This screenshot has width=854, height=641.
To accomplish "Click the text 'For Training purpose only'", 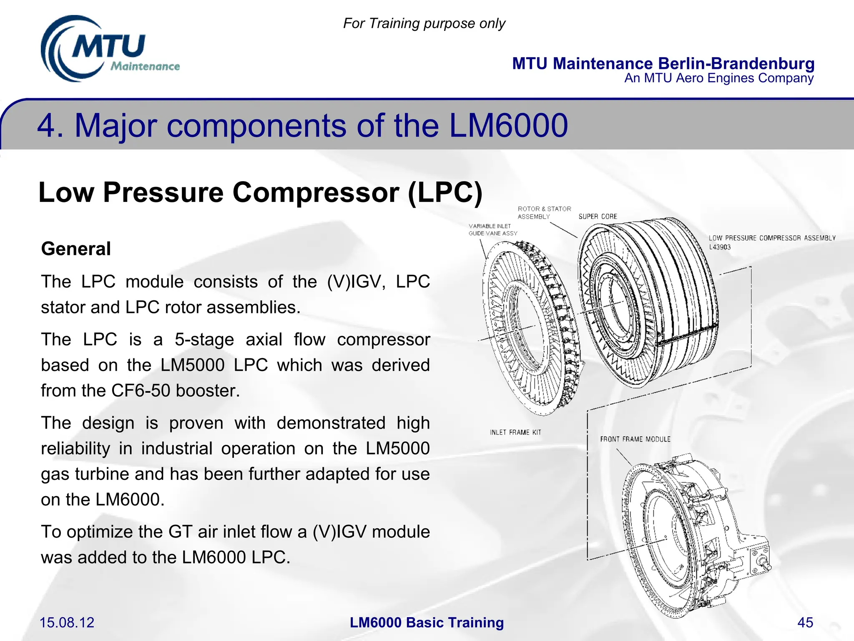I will click(x=424, y=23).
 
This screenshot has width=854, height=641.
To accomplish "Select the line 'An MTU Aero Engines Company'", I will click(x=718, y=78).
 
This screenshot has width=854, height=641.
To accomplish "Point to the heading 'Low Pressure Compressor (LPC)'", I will click(x=260, y=192).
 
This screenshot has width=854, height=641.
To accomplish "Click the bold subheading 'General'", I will click(x=76, y=249).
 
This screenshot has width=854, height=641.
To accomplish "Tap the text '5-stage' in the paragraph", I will click(x=204, y=339).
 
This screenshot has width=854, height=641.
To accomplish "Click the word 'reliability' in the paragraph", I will click(x=75, y=448).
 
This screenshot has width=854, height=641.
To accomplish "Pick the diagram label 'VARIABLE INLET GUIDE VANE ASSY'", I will click(x=492, y=230).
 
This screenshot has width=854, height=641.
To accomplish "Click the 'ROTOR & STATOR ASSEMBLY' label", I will click(x=544, y=212).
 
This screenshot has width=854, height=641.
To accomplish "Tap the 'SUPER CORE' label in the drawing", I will click(x=598, y=217).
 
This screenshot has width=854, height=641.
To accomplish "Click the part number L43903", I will click(x=720, y=247).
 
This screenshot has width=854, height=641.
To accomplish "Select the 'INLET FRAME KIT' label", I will click(x=515, y=432).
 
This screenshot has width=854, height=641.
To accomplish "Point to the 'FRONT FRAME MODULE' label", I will click(x=635, y=439).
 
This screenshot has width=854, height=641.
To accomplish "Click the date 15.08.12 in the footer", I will click(x=67, y=622).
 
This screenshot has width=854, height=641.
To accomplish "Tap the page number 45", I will click(x=805, y=622).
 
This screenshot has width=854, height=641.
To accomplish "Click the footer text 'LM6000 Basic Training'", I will click(x=427, y=622).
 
